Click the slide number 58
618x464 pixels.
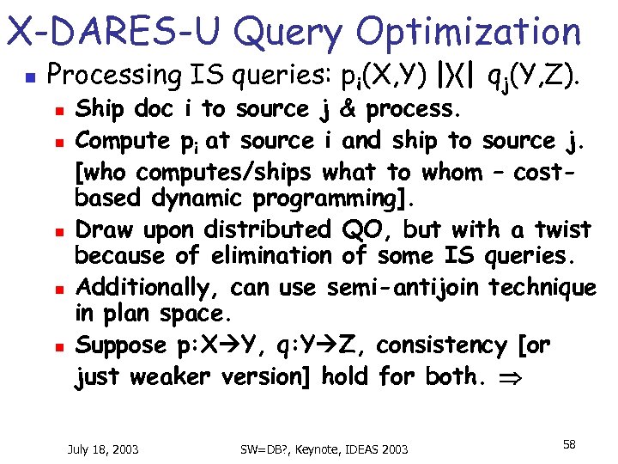coord(569,443)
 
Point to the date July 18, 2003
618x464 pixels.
coord(104,449)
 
